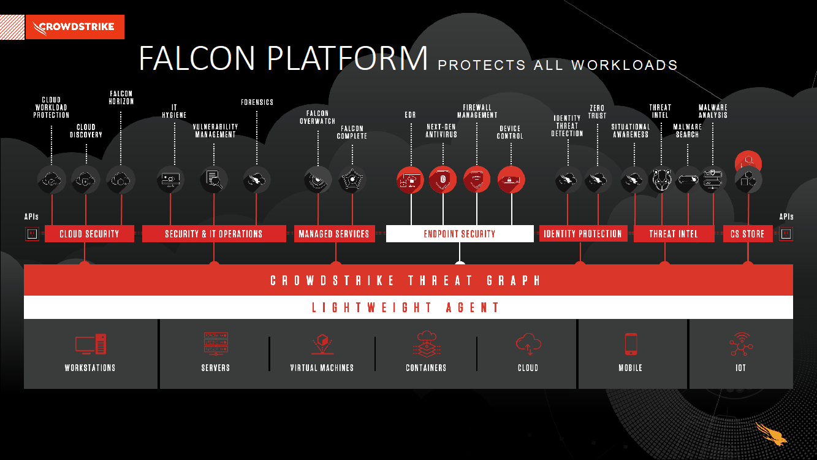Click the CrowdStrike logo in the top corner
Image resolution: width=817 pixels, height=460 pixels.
[75, 27]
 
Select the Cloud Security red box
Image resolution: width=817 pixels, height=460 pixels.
[89, 234]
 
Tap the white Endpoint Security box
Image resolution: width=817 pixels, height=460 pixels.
[460, 234]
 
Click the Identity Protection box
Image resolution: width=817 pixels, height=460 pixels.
[583, 234]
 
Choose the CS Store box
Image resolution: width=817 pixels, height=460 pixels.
[747, 234]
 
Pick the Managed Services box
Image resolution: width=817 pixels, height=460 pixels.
[334, 234]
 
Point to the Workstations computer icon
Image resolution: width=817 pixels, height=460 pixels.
[90, 344]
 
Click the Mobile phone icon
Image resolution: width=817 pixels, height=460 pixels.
[631, 344]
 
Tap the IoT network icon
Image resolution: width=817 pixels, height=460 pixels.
[740, 344]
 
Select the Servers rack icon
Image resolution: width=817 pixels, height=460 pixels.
[215, 344]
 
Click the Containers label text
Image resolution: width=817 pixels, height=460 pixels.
[426, 368]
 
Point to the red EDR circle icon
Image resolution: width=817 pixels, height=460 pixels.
[410, 180]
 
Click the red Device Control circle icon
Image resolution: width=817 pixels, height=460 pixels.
[511, 180]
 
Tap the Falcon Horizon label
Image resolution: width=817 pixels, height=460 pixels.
[121, 98]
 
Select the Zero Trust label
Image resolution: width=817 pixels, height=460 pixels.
[597, 112]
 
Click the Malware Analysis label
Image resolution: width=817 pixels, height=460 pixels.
[713, 111]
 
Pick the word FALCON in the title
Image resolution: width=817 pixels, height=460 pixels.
[197, 59]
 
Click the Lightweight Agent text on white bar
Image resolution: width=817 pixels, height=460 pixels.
[406, 307]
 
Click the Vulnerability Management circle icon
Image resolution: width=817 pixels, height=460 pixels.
[214, 180]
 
